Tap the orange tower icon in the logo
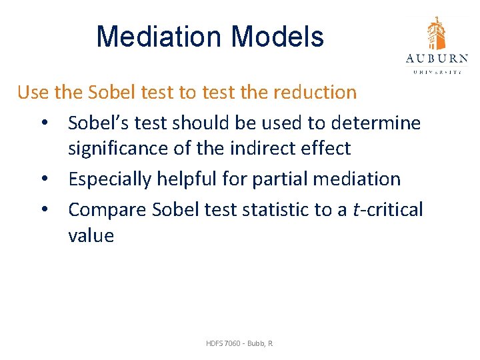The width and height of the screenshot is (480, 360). click(x=437, y=33)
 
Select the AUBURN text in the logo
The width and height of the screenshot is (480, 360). click(x=437, y=59)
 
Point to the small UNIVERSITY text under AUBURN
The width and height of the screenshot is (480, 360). click(x=437, y=71)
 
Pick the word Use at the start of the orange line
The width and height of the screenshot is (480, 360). click(x=32, y=92)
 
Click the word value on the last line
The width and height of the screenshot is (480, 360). click(x=91, y=235)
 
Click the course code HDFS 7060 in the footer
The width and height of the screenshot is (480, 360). click(x=224, y=343)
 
